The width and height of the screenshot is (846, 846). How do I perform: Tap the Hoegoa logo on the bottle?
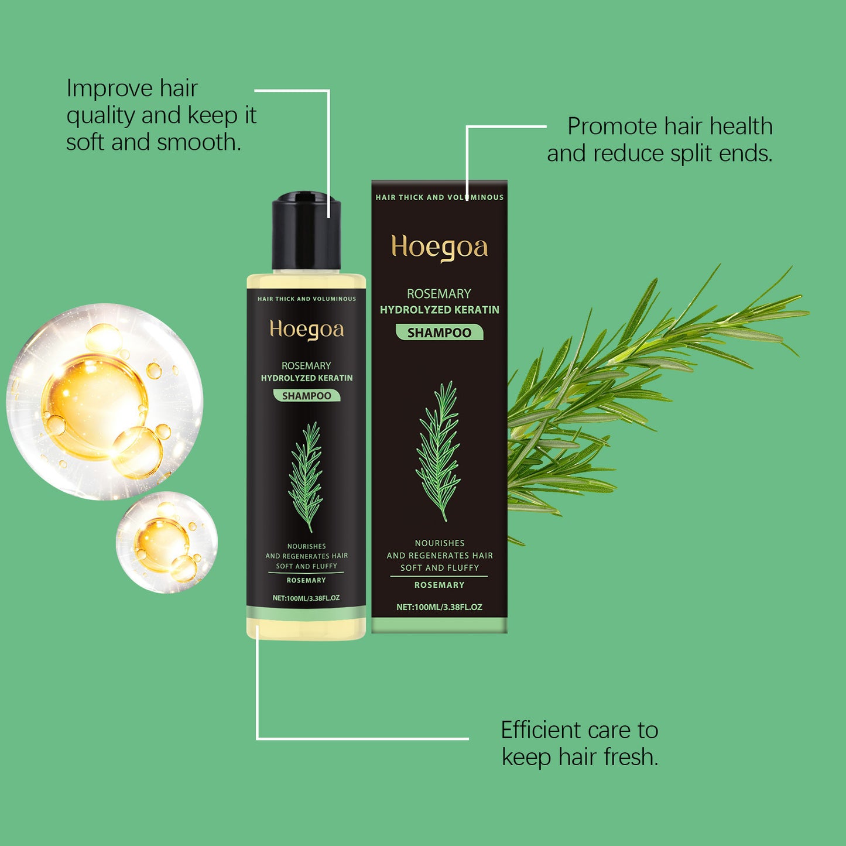pyautogui.click(x=306, y=330)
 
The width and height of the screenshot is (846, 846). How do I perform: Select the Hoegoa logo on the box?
pyautogui.click(x=439, y=248)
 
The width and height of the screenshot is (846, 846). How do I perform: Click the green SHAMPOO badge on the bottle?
pyautogui.click(x=306, y=396)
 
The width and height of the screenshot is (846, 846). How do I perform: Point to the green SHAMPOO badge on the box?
pyautogui.click(x=439, y=333)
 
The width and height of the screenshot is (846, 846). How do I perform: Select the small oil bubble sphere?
pyautogui.click(x=167, y=542)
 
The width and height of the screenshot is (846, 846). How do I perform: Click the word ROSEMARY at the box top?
pyautogui.click(x=439, y=293)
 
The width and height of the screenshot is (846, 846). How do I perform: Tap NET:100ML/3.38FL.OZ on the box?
pyautogui.click(x=439, y=607)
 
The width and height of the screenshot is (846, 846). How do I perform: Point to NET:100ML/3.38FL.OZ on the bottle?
pyautogui.click(x=306, y=598)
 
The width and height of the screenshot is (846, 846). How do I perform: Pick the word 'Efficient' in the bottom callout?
pyautogui.click(x=540, y=730)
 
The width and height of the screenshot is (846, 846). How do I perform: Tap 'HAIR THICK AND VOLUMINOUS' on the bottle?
pyautogui.click(x=306, y=299)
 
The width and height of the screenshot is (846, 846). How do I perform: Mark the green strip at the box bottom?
pyautogui.click(x=439, y=625)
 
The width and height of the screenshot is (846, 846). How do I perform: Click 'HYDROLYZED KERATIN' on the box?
pyautogui.click(x=439, y=310)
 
